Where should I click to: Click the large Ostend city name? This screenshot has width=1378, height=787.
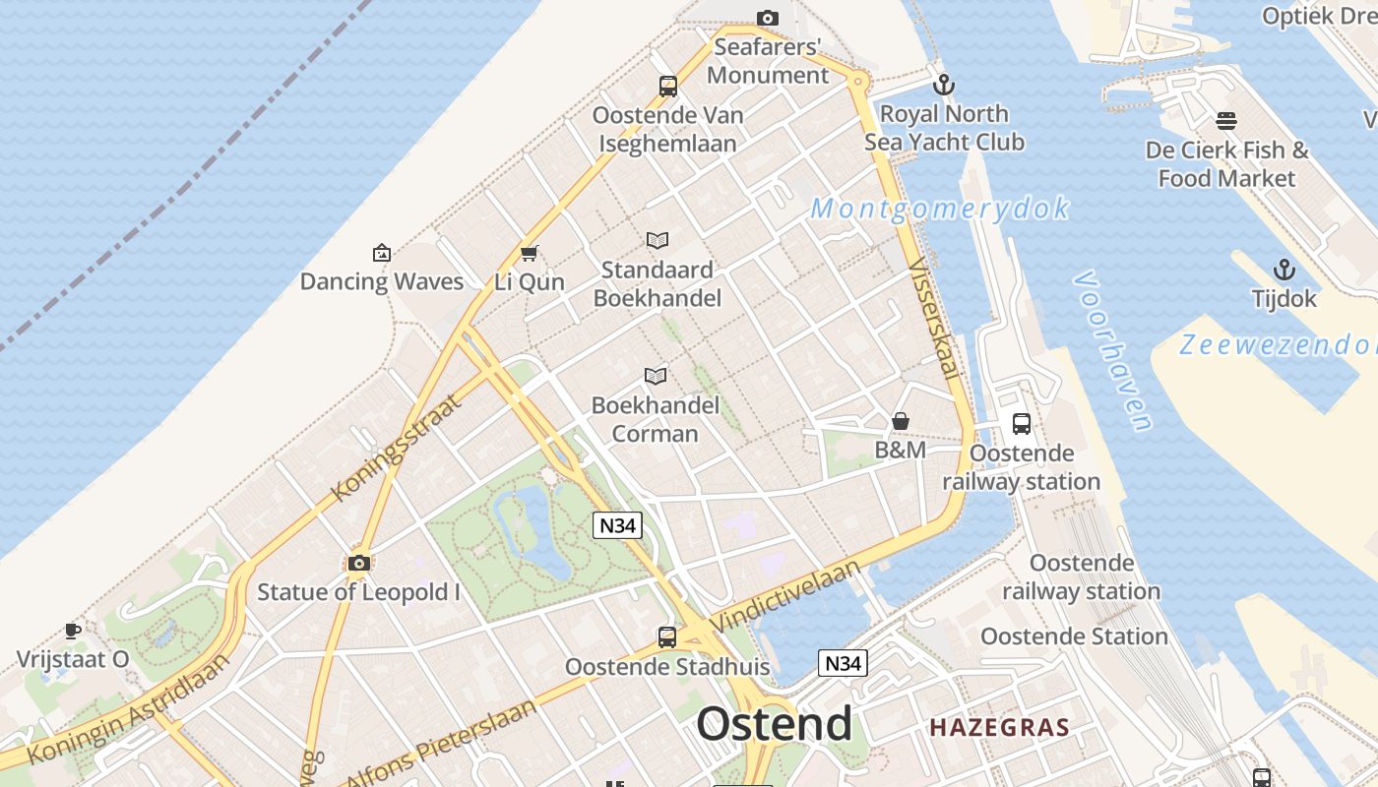tap(774, 724)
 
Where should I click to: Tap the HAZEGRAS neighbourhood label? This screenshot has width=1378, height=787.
tap(999, 728)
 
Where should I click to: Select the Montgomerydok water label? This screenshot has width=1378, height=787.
tap(940, 209)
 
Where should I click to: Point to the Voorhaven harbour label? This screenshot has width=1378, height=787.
tap(1113, 351)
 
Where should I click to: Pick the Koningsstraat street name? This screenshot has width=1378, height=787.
tap(396, 449)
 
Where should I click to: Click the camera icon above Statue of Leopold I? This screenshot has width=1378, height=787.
tap(359, 563)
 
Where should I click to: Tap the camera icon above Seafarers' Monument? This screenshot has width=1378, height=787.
tap(768, 18)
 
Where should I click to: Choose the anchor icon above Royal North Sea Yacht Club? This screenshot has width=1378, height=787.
tap(944, 85)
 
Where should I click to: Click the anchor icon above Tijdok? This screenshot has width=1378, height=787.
tap(1284, 270)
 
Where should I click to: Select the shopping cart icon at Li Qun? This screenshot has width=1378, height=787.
tap(529, 253)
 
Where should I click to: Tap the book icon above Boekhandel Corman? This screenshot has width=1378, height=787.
tap(656, 376)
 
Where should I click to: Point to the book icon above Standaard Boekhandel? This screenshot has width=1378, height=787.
tap(658, 240)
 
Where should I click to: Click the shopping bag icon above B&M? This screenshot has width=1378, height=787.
tap(901, 421)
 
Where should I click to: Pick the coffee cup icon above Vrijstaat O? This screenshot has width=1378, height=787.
tap(72, 630)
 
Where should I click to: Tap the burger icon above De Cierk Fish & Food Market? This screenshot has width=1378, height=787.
tap(1226, 121)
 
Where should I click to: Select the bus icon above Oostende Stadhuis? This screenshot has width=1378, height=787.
tap(667, 636)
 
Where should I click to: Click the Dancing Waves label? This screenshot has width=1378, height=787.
tap(382, 281)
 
